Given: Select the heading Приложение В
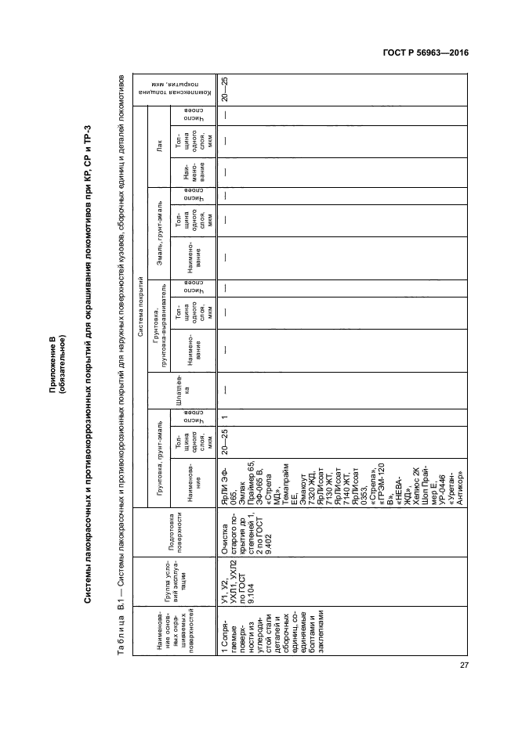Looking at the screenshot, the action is (x=53, y=341).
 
